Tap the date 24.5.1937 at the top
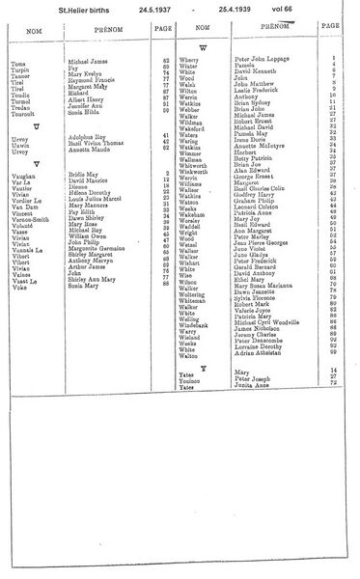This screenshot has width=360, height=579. [x=143, y=10]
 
